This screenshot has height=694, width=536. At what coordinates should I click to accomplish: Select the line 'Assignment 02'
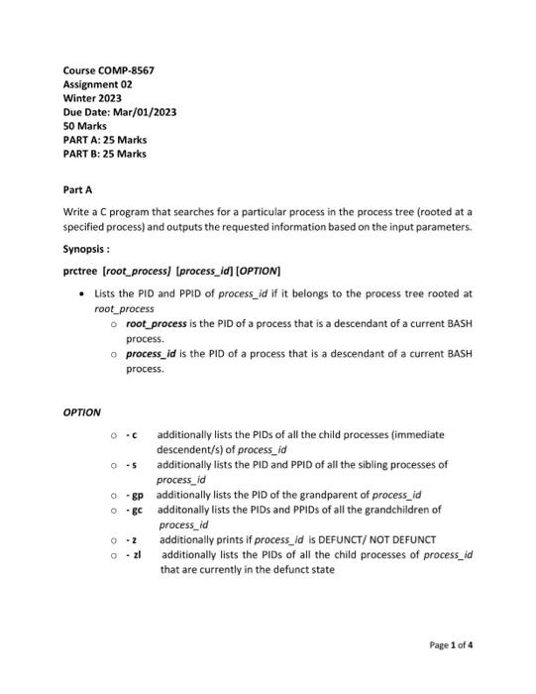(97, 85)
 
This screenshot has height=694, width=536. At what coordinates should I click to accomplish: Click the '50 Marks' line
(84, 127)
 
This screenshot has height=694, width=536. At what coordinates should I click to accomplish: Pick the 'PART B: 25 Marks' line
(104, 155)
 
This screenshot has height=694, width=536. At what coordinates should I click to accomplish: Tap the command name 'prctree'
(79, 270)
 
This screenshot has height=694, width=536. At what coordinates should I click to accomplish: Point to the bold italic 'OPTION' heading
(81, 411)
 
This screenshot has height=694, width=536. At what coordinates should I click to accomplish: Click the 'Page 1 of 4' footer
(451, 644)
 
